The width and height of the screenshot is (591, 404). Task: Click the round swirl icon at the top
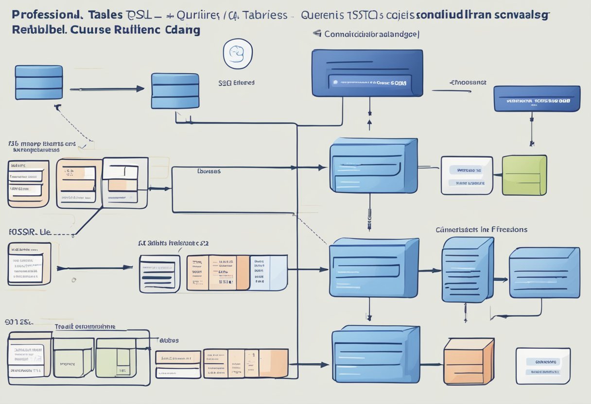point(238,53)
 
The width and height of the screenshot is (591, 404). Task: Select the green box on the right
point(524,175)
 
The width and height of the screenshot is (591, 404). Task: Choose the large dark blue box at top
point(367,73)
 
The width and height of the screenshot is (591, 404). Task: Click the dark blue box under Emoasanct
point(537,99)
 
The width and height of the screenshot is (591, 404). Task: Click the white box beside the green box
point(466,175)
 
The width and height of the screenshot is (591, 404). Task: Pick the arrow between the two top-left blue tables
point(107,89)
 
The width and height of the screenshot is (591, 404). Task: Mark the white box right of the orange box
point(543,366)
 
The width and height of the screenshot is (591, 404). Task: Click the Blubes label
point(169,340)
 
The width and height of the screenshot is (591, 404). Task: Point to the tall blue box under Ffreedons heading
point(467,269)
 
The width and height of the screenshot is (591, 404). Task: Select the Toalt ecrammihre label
point(85,326)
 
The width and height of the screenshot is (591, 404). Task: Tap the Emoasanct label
point(468,83)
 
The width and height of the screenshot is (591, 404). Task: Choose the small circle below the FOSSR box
point(73,280)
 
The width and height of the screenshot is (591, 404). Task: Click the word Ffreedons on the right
point(509,229)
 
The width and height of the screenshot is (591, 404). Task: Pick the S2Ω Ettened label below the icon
point(237,83)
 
